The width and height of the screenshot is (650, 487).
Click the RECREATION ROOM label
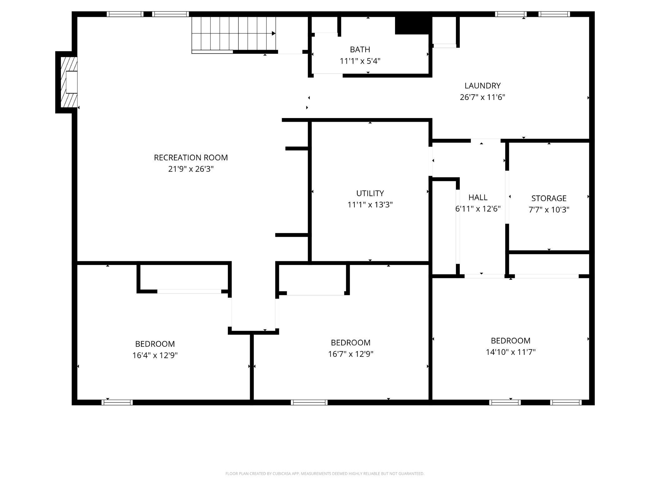(191, 157)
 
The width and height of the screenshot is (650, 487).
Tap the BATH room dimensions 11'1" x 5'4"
(360, 61)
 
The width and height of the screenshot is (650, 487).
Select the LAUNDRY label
(482, 86)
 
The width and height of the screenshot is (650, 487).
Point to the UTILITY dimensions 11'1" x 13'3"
(370, 205)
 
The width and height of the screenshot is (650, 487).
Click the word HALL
(478, 197)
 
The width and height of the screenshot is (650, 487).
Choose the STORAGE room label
(549, 198)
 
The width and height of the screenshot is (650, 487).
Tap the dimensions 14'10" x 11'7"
(510, 352)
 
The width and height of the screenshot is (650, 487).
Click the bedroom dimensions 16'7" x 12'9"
(351, 354)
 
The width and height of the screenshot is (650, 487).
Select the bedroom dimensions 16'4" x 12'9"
(155, 355)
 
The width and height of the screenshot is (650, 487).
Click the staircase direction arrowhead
(273, 33)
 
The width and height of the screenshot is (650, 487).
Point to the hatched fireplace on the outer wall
(69, 82)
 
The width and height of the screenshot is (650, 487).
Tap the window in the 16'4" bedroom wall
(117, 402)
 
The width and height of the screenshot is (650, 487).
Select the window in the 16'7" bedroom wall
(309, 402)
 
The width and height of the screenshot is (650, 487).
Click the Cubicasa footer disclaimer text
(325, 474)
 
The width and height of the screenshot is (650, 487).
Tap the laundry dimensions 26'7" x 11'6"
(482, 97)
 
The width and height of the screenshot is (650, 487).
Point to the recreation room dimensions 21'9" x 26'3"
(191, 169)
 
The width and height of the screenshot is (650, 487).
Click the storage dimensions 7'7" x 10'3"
(549, 210)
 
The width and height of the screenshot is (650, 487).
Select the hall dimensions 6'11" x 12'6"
(478, 209)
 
